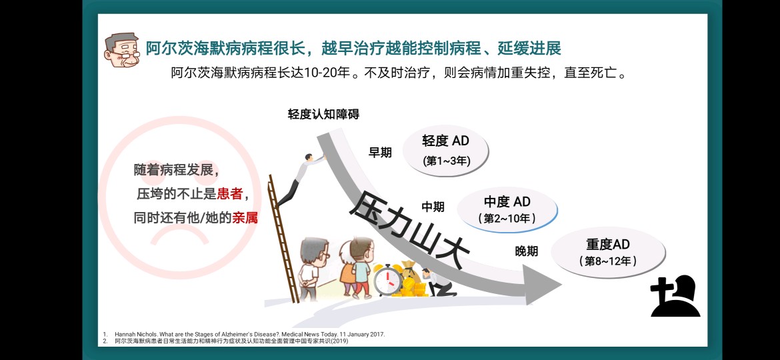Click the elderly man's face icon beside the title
tap(122, 50)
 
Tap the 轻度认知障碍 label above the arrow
tap(323, 115)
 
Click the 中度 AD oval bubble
tap(507, 210)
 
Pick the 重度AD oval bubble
tap(608, 252)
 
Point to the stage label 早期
tap(380, 153)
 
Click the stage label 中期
tap(433, 207)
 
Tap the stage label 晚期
tap(526, 251)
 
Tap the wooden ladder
tap(283, 239)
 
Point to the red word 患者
tap(230, 194)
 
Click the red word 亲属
tap(245, 218)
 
